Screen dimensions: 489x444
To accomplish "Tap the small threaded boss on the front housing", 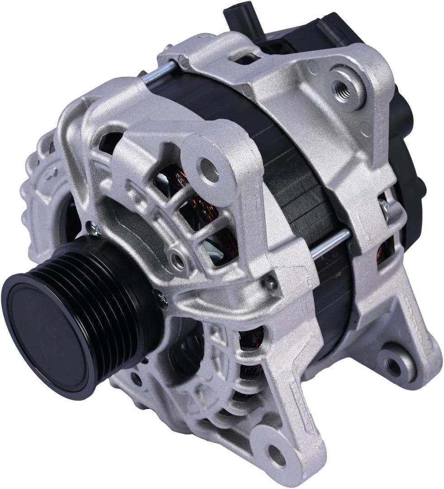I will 177,260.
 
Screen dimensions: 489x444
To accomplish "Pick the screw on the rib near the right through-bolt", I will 270,283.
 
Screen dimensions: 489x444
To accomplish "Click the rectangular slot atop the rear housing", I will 247,58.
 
